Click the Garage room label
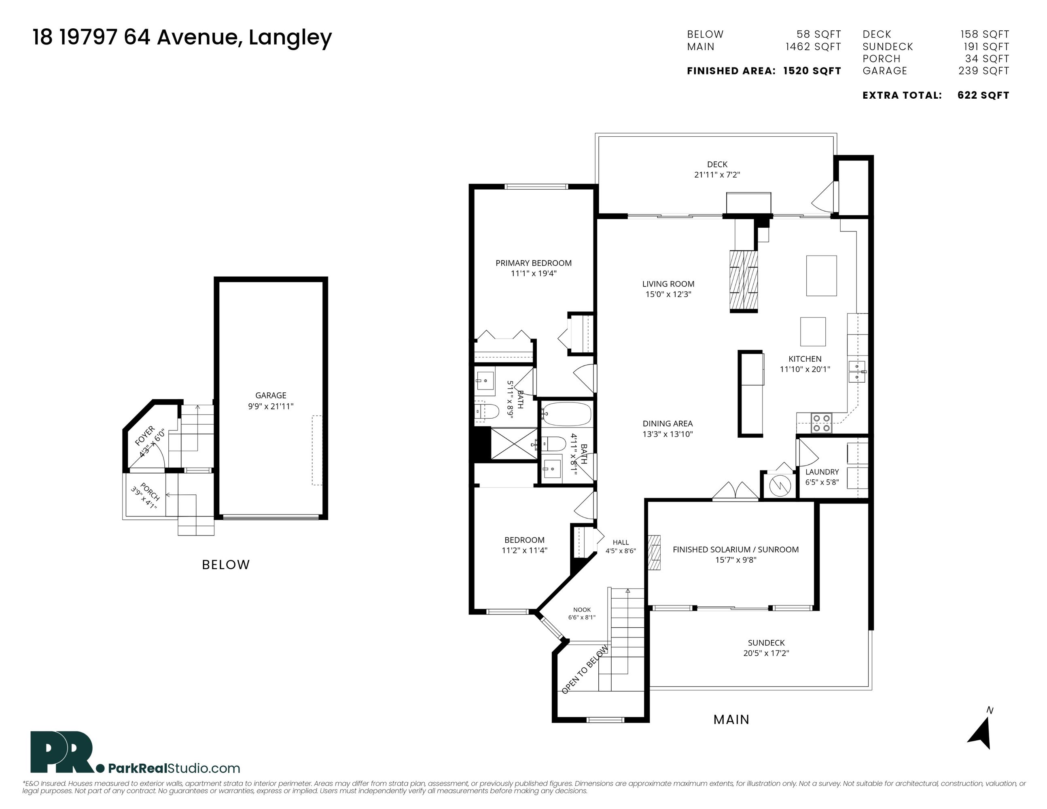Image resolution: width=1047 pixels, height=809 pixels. pos(271,395)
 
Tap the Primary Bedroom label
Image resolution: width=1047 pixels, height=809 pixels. pos(534,263)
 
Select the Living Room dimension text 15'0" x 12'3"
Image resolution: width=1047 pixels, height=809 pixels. pos(668,294)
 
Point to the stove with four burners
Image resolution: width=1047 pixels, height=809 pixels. pos(821,423)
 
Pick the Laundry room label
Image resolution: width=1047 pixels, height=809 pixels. pos(822,472)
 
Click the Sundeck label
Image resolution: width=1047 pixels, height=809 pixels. pos(766,643)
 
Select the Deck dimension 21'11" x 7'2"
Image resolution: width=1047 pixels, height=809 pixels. pos(717,175)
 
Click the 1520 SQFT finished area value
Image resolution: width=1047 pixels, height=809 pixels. pos(812,71)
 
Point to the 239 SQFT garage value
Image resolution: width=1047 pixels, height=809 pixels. pos(984,71)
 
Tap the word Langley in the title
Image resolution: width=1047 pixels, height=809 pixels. pos(290,38)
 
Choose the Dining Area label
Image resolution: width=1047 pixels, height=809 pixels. pos(668,424)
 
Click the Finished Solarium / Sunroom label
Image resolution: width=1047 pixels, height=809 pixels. pos(736,550)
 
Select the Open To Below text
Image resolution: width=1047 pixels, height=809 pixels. pos(585,669)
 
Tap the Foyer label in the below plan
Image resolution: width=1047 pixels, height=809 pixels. pos(145,436)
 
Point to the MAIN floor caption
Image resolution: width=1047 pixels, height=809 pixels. pos(731,719)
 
